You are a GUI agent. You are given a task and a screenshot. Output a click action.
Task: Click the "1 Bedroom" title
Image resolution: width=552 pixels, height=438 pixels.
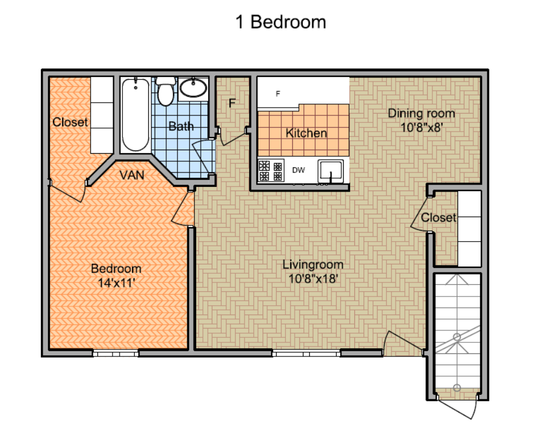click(x=281, y=22)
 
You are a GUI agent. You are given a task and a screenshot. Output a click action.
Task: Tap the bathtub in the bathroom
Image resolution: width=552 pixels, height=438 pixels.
click(x=135, y=115)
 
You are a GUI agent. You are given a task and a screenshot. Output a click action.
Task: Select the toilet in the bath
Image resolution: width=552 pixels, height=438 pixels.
click(x=166, y=91)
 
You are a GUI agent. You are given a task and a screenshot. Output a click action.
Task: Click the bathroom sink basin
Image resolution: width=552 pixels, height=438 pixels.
click(x=193, y=88)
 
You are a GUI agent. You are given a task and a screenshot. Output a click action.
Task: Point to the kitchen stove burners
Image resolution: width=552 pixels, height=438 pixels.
click(x=271, y=170)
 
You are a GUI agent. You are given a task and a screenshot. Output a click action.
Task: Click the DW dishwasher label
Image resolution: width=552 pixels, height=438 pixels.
click(x=299, y=170)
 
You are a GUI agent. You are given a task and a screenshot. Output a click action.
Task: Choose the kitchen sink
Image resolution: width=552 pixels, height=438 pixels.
click(x=330, y=171)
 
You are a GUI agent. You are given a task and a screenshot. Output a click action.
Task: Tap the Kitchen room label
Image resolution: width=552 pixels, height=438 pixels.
click(x=306, y=133)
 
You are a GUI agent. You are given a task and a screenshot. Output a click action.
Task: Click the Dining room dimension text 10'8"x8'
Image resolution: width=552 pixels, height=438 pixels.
click(x=421, y=127)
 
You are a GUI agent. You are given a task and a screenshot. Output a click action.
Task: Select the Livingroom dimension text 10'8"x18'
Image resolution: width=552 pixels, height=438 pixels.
click(x=313, y=278)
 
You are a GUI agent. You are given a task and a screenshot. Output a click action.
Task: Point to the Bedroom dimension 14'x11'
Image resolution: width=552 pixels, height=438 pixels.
click(x=116, y=282)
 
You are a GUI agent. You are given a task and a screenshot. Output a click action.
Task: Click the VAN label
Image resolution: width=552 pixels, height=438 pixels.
click(x=132, y=175)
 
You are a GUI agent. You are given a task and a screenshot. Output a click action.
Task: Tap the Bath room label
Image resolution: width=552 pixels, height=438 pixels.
click(x=181, y=126)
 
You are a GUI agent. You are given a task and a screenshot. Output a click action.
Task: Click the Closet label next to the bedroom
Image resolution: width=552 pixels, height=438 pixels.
click(x=70, y=122)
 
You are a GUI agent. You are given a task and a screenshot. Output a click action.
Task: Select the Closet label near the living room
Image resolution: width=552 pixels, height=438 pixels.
click(x=439, y=218)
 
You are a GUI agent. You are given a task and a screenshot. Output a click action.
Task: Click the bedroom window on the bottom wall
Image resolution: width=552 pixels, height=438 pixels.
click(x=116, y=353)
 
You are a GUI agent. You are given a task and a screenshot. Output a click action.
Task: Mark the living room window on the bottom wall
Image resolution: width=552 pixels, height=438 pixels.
click(x=306, y=353)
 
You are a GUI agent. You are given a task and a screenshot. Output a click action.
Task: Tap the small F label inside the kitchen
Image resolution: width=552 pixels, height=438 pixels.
click(x=278, y=94)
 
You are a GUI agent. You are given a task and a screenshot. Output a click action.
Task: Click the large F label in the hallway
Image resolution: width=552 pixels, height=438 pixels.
click(x=232, y=103)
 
